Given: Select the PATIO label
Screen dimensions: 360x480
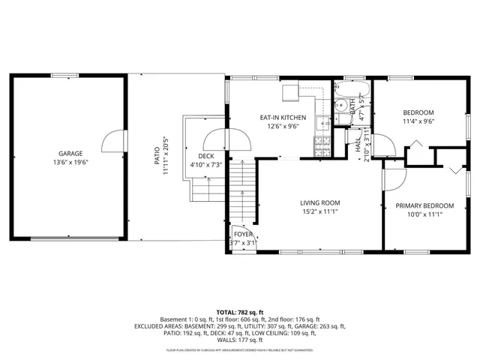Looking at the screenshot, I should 157,155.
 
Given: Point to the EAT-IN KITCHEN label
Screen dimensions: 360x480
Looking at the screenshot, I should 283,118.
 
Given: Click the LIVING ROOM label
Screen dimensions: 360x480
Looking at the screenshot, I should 320,202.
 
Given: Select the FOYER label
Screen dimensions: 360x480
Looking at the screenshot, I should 244,235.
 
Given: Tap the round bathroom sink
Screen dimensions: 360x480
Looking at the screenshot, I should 339,105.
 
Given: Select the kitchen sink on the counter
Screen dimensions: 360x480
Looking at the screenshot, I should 323,124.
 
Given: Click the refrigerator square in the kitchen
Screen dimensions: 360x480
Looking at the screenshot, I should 291,92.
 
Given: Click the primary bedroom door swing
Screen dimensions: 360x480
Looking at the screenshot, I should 394,178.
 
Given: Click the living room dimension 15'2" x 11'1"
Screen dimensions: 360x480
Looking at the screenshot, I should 320,212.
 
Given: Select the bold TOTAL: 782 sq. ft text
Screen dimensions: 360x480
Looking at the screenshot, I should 240,311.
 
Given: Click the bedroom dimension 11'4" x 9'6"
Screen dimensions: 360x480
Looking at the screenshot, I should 418,121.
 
